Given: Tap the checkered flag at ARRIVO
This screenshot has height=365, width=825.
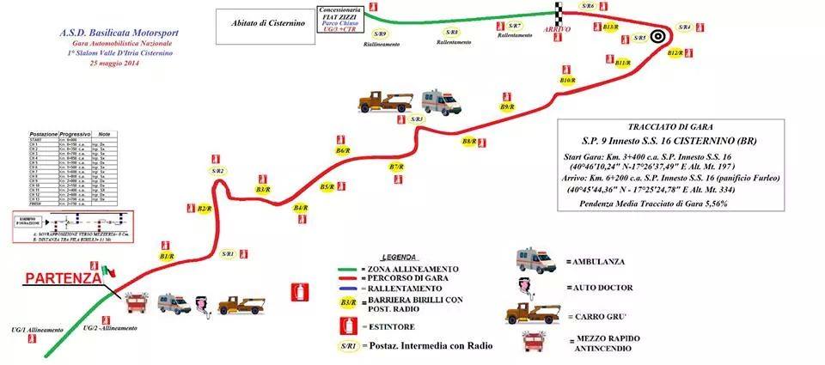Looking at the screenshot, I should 558,11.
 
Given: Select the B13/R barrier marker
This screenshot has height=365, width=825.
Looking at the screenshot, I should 611,27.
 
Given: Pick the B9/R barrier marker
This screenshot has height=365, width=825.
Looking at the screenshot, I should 507,107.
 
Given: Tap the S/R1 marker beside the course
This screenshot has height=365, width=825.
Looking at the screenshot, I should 228,254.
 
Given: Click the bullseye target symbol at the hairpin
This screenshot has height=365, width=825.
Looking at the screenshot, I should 658,36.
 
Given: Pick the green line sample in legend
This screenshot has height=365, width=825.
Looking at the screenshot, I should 357,269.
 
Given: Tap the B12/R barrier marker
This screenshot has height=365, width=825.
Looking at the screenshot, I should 675,53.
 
